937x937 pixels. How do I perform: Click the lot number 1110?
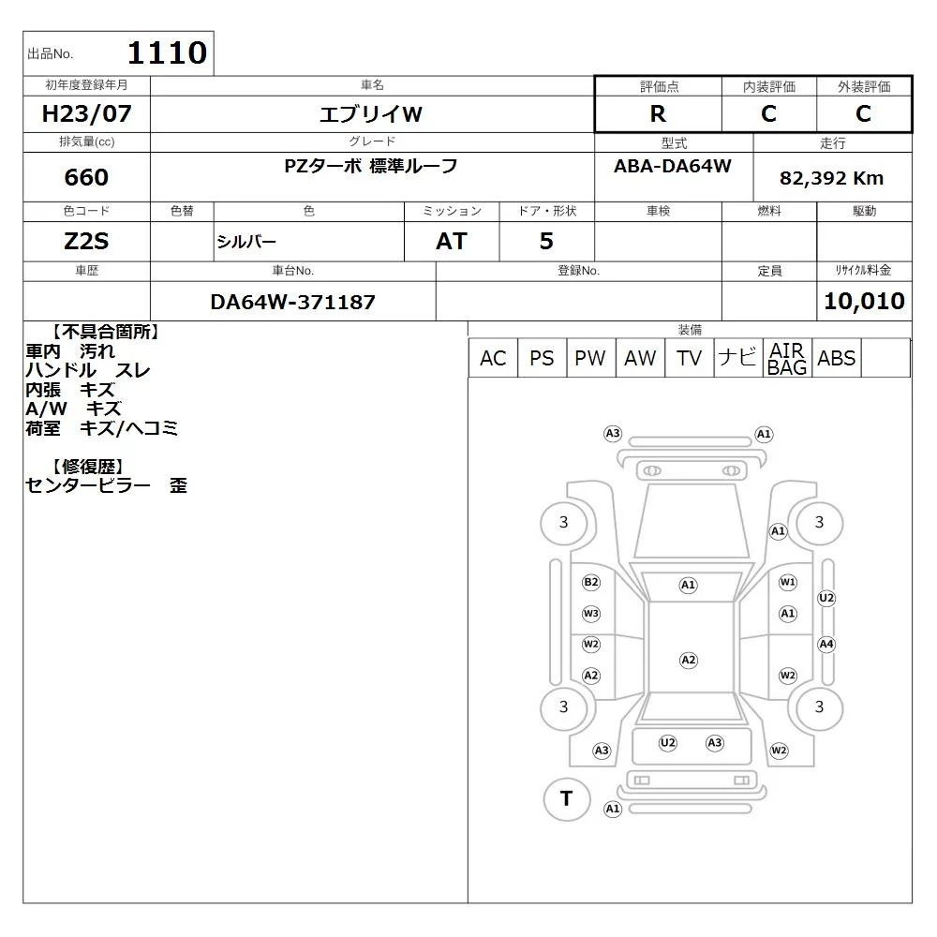coord(168,52)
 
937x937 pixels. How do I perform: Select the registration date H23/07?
coord(86,113)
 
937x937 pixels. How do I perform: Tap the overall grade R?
coord(658,113)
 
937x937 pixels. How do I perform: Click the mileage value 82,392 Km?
coord(831,178)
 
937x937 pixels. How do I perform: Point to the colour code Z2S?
coord(86,242)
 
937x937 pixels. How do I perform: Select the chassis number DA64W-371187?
coord(292,303)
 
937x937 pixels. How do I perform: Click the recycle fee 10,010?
coord(864,301)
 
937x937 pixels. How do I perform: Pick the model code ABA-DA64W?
coord(672,166)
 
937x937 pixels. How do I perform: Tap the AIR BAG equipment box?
coord(787,358)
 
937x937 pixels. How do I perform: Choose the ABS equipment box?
coord(836,358)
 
